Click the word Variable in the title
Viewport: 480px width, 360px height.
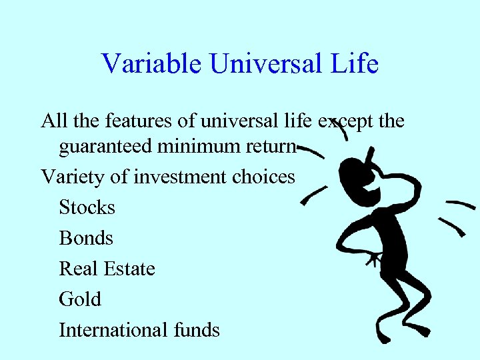point(152,64)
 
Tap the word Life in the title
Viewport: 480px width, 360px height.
point(357,64)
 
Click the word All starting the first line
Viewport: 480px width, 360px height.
point(54,121)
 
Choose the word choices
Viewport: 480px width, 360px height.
point(263,177)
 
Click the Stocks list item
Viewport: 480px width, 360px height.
point(87,207)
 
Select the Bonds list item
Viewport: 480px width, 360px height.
point(86,238)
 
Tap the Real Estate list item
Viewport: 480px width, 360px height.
point(107,269)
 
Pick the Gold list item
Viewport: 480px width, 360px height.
point(79,299)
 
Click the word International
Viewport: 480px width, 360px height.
point(113,330)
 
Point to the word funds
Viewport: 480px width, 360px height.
point(196,330)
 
